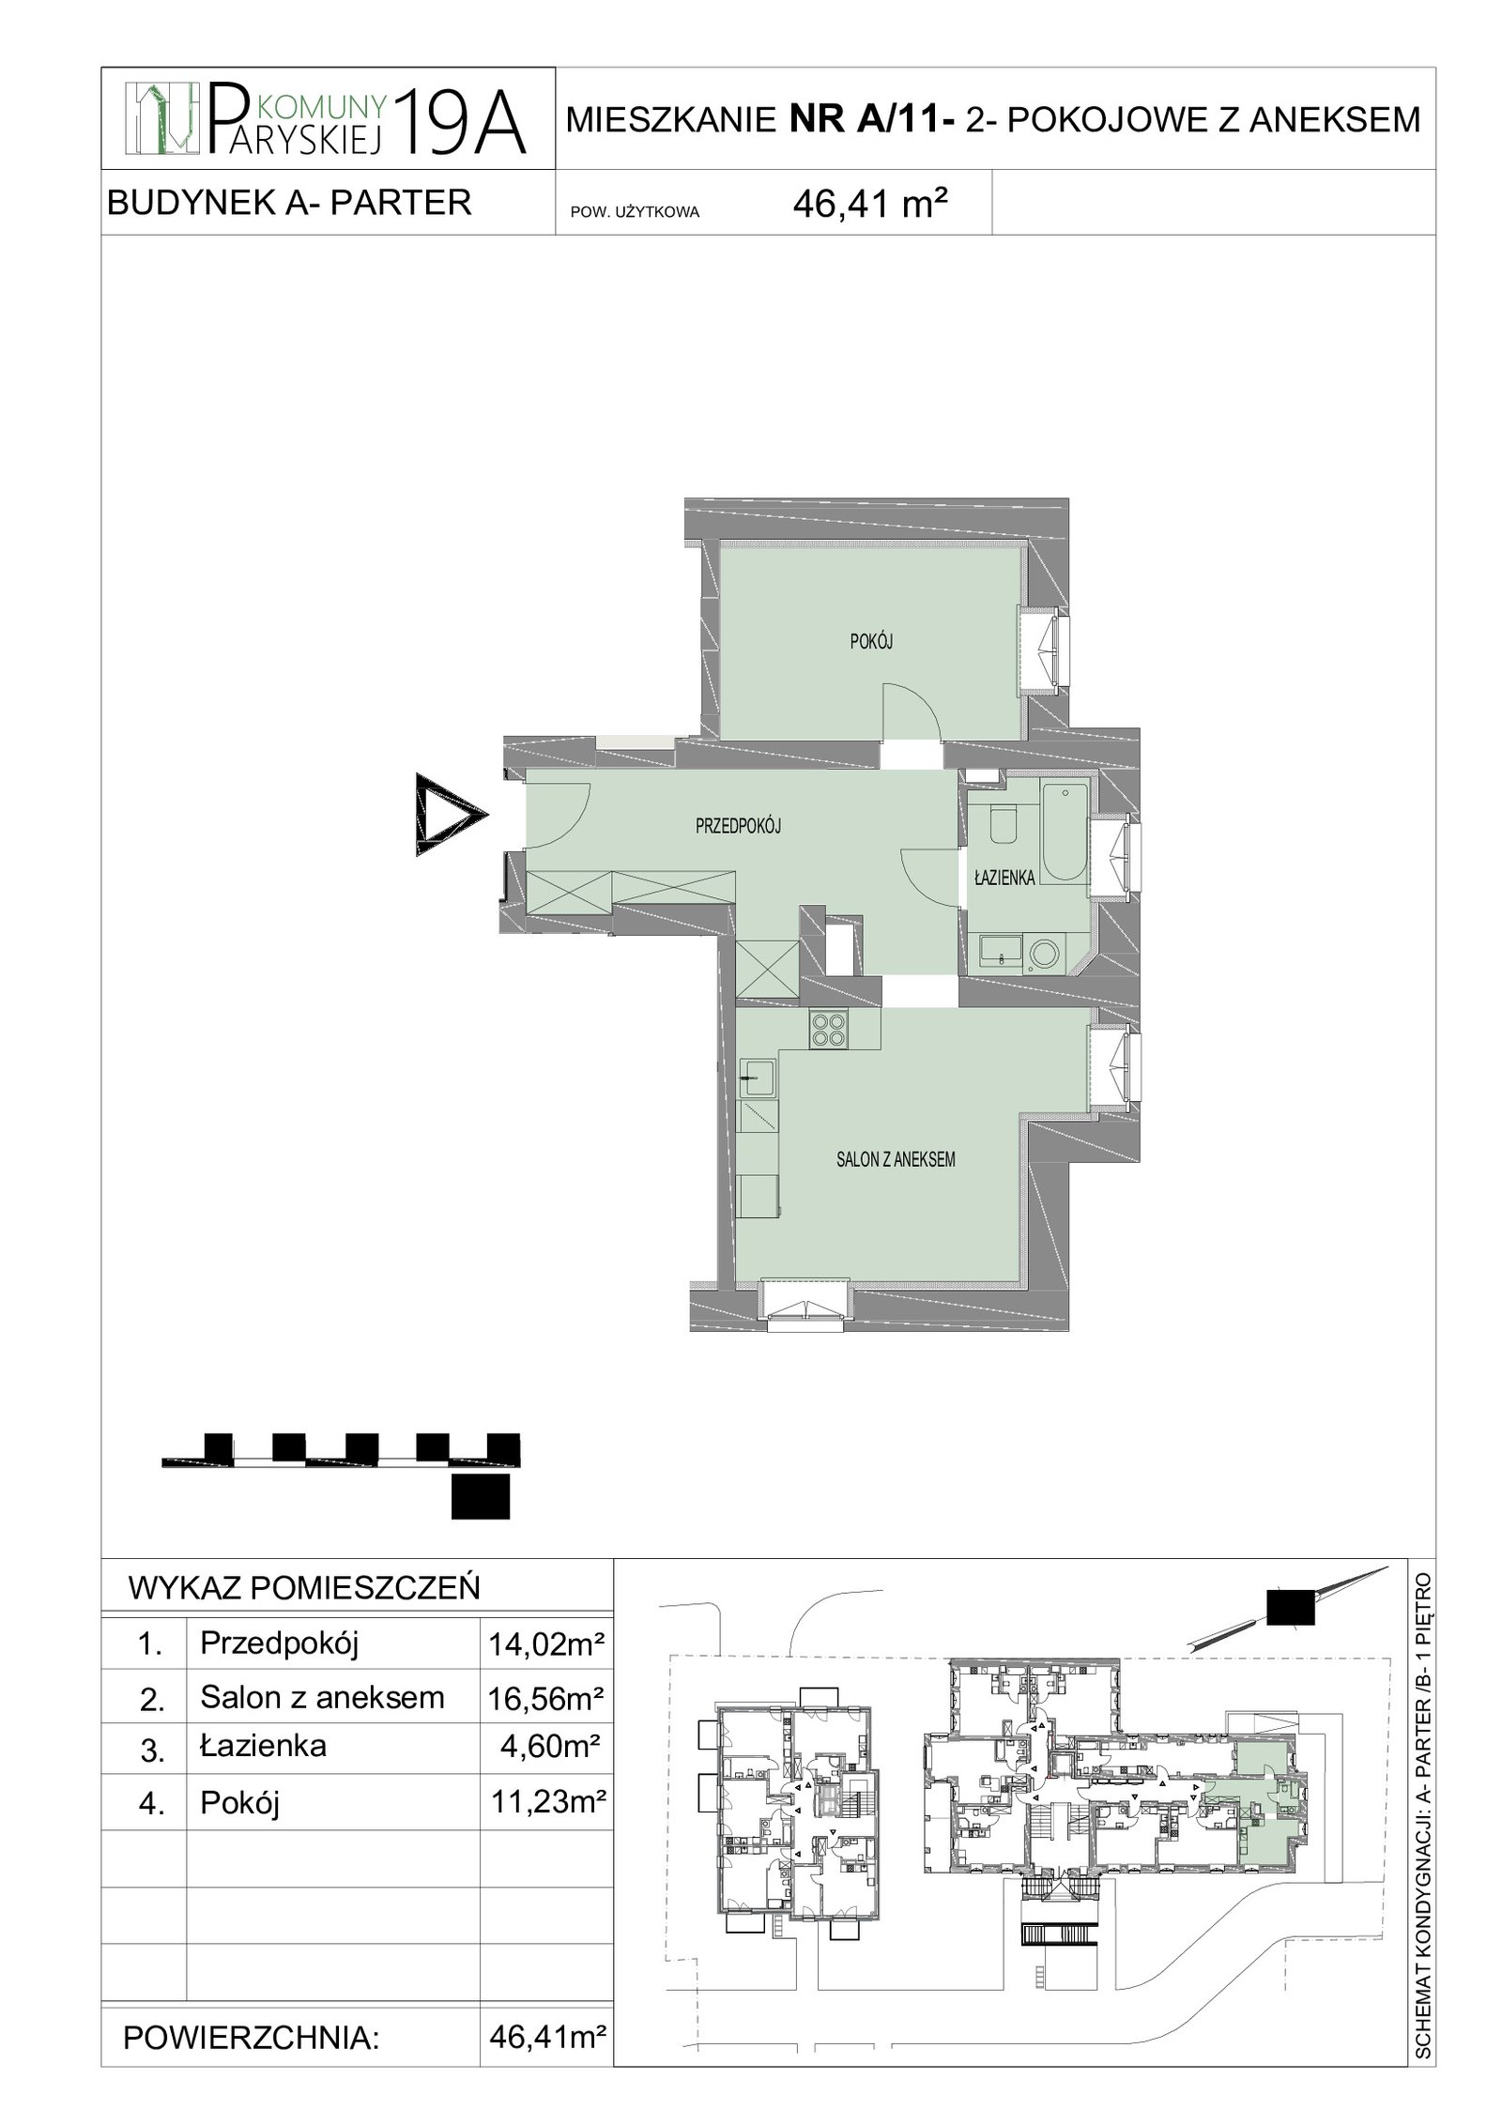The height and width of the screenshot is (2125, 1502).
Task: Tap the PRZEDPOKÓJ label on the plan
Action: (738, 826)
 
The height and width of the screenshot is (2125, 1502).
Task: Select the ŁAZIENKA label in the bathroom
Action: (1004, 879)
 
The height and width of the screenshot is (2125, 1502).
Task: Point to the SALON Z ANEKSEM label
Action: (896, 1159)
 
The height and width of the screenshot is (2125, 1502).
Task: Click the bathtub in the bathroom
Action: (1065, 833)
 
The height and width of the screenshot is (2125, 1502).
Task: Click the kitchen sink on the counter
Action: (757, 1078)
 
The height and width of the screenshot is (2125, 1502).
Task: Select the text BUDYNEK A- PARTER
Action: (290, 202)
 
